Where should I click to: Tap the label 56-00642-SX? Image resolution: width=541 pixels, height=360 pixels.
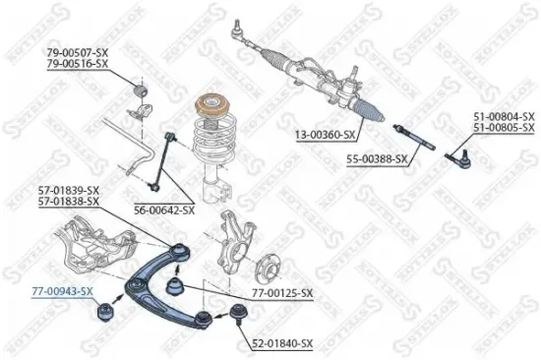pyautogui.click(x=164, y=210)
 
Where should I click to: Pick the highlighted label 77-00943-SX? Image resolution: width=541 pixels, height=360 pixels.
pyautogui.click(x=61, y=291)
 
